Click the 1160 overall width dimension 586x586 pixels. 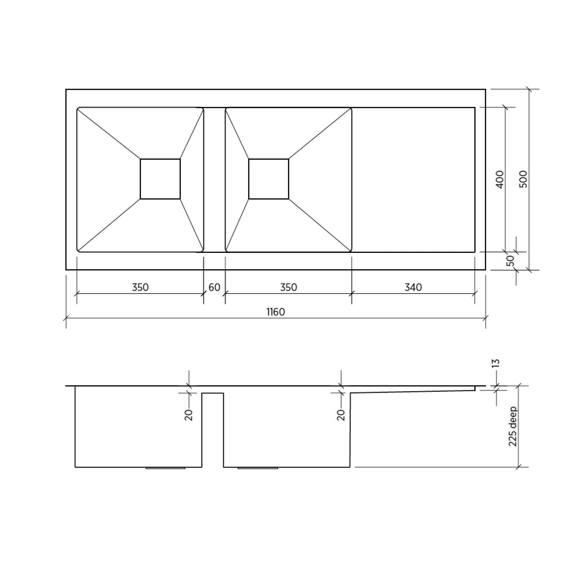(x=276, y=312)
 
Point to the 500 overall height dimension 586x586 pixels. (x=523, y=179)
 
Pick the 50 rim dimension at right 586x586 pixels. (x=511, y=261)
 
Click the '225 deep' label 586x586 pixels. (x=512, y=426)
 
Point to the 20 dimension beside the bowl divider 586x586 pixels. (x=189, y=415)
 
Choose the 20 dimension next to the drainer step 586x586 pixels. (x=341, y=415)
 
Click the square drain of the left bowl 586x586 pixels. (x=160, y=179)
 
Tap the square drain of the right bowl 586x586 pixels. (x=268, y=179)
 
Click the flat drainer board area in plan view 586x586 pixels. (x=413, y=180)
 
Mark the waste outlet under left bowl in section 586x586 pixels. (x=165, y=468)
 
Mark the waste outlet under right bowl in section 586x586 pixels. (x=258, y=468)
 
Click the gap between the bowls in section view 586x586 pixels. (x=213, y=431)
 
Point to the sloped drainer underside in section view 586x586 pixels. (x=413, y=392)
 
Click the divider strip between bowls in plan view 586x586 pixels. (x=214, y=180)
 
